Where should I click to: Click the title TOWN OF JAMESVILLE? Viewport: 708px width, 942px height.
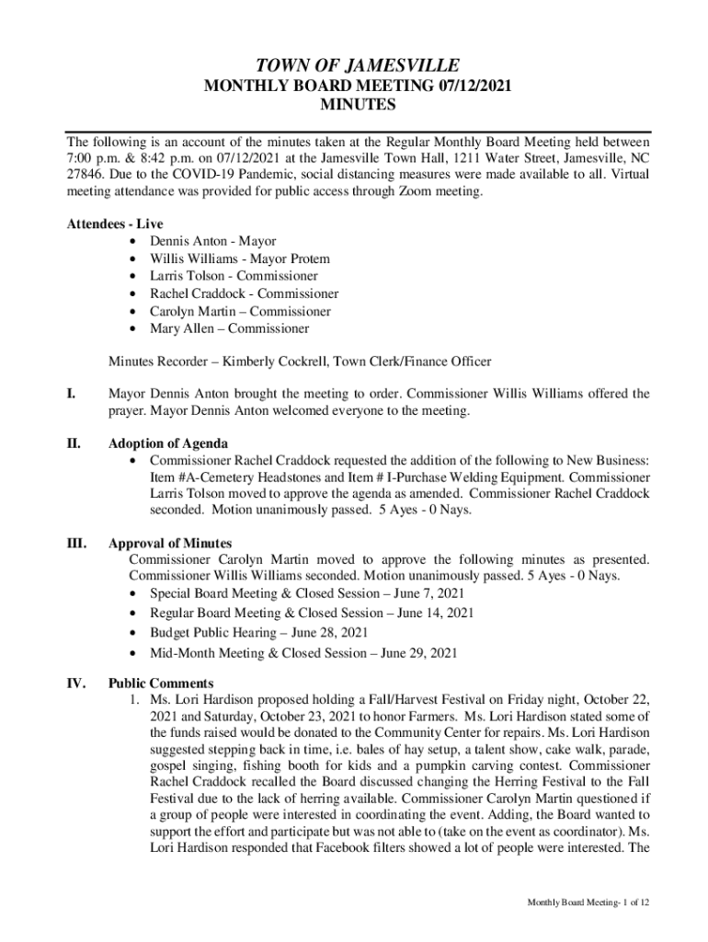pos(357,65)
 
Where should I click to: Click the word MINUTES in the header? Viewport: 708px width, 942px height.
pos(357,105)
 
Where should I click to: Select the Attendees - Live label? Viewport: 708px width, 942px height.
pos(108,224)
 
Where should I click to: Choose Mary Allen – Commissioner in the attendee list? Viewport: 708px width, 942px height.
pos(229,328)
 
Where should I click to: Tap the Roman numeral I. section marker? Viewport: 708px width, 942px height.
pos(72,394)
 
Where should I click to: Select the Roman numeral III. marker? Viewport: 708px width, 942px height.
pos(77,543)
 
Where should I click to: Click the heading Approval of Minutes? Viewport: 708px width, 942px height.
pos(170,543)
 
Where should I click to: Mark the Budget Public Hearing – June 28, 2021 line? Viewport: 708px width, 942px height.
pos(258,633)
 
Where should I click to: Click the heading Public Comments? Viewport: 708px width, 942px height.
pos(161,684)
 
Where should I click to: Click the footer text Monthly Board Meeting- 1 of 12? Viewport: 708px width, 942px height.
pos(588,902)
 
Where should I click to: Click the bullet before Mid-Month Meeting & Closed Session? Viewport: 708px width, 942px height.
pos(136,654)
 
